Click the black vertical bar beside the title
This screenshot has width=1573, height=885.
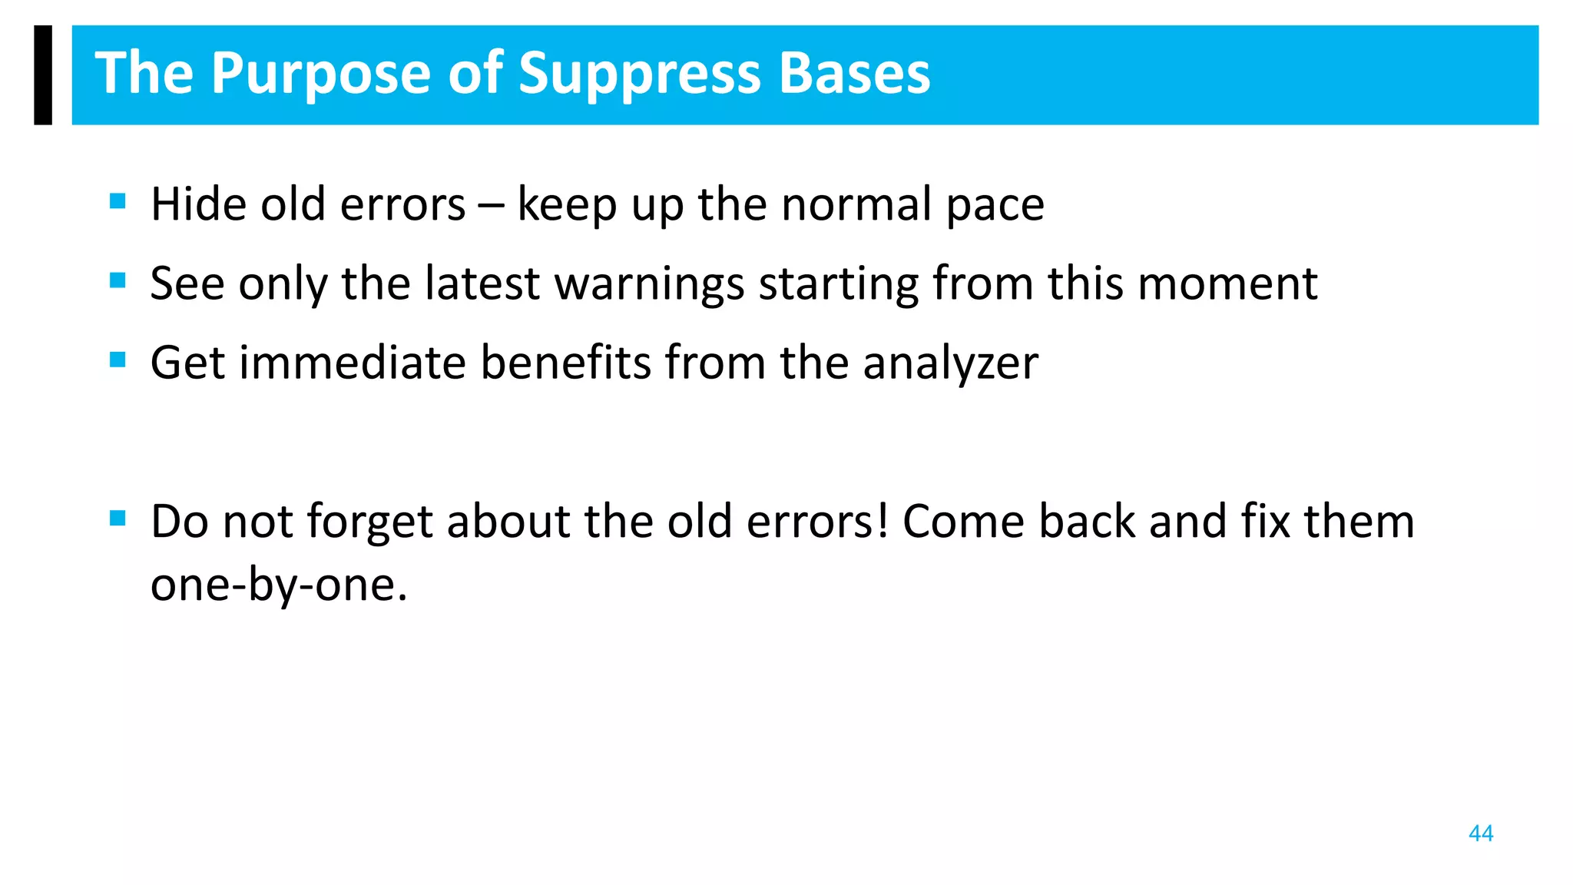(43, 75)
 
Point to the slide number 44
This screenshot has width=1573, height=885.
(1480, 834)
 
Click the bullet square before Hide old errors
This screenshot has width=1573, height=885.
(118, 201)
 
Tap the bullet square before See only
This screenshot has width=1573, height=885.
(118, 280)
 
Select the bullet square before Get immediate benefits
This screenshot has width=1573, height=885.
(118, 360)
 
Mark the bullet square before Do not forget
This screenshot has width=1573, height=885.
(118, 518)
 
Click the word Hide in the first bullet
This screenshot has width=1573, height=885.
(197, 204)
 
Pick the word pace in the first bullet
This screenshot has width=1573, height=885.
(995, 206)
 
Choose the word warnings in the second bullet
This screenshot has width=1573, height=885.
(649, 284)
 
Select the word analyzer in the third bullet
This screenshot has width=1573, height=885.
(950, 364)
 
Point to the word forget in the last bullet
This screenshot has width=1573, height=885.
(369, 522)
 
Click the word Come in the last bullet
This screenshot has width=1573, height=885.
(963, 521)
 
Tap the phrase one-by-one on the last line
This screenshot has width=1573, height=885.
(278, 585)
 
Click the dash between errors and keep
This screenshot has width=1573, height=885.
(491, 206)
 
